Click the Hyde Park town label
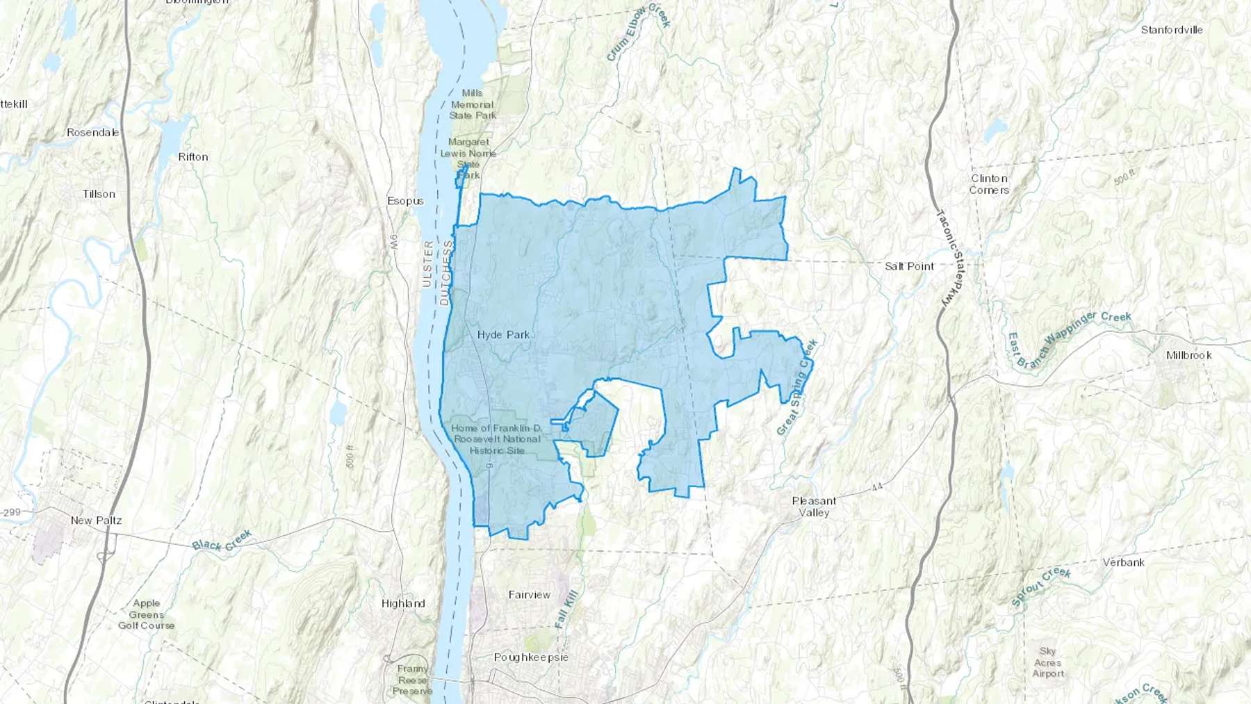[503, 335]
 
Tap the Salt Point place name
[909, 266]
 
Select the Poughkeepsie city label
[531, 657]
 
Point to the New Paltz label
[96, 521]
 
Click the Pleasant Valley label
[814, 507]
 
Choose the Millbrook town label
[1188, 355]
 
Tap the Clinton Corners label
[989, 184]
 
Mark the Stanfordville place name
[1171, 30]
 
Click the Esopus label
[405, 201]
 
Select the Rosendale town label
[92, 132]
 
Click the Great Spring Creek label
[797, 388]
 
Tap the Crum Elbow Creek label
[637, 33]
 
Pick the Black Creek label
[222, 541]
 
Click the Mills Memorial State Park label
[473, 104]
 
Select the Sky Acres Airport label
[1047, 662]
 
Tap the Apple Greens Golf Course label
[146, 614]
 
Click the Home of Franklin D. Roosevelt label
[496, 439]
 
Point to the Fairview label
[529, 595]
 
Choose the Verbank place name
[1123, 562]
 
